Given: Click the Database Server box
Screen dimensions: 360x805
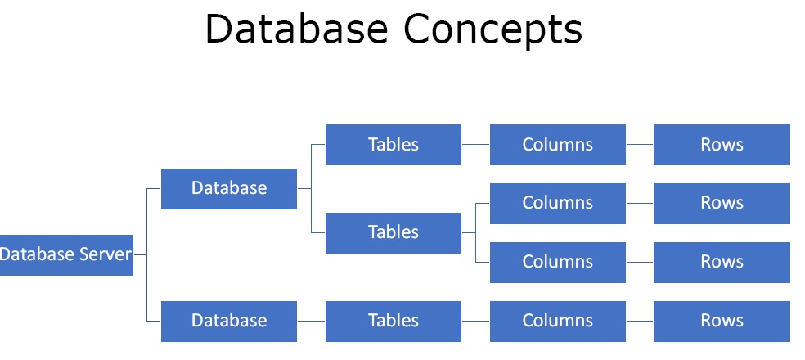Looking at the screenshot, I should pyautogui.click(x=66, y=254).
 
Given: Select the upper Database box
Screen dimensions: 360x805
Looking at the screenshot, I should pyautogui.click(x=229, y=188).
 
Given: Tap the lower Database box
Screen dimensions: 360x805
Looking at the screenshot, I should pyautogui.click(x=229, y=321).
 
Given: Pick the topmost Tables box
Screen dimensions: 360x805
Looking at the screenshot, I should pyautogui.click(x=394, y=145).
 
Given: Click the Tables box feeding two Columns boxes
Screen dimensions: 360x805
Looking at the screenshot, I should pyautogui.click(x=394, y=232).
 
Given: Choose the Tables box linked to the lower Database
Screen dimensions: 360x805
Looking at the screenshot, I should pyautogui.click(x=394, y=321).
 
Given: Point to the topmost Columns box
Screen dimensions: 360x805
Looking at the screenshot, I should pyautogui.click(x=558, y=145).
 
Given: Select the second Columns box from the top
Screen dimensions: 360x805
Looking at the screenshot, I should pyautogui.click(x=558, y=203).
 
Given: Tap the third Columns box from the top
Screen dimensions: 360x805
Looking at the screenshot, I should pyautogui.click(x=558, y=262).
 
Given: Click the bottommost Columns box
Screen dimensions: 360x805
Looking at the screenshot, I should pyautogui.click(x=558, y=321).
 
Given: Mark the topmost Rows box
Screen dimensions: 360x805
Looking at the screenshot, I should pyautogui.click(x=722, y=145).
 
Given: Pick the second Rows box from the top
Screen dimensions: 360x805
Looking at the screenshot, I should pyautogui.click(x=722, y=203).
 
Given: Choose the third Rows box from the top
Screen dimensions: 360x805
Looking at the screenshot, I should pyautogui.click(x=722, y=262).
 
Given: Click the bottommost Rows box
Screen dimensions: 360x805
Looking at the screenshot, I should pyautogui.click(x=722, y=321).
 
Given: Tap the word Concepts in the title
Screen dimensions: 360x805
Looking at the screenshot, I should pyautogui.click(x=492, y=30).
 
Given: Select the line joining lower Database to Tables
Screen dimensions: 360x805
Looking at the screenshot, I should pyautogui.click(x=311, y=321).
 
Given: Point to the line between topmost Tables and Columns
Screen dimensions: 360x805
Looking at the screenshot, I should pyautogui.click(x=475, y=145).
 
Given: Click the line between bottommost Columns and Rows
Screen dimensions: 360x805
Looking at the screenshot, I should pyautogui.click(x=640, y=321).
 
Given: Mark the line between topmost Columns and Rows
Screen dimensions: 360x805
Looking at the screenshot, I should pyautogui.click(x=640, y=145).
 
